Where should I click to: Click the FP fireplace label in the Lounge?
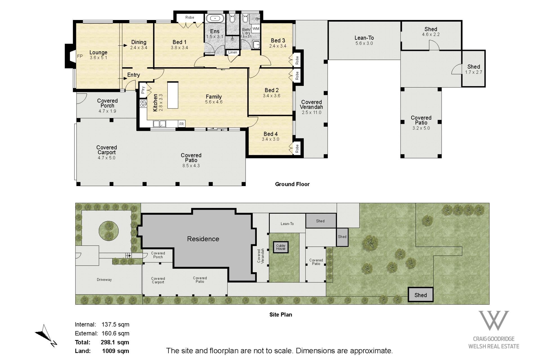click(80, 56)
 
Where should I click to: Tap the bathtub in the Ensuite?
click(215, 19)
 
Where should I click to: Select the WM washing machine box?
click(256, 29)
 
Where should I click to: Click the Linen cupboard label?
click(233, 52)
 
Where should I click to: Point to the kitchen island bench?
click(173, 95)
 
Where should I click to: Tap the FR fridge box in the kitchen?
click(182, 124)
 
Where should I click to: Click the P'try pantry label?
click(143, 90)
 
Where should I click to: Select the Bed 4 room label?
click(271, 134)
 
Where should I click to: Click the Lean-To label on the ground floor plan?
click(364, 38)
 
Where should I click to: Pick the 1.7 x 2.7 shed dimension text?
click(474, 72)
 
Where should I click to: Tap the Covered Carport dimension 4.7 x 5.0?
click(107, 158)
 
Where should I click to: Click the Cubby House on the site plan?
click(281, 247)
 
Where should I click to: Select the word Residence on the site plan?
click(203, 239)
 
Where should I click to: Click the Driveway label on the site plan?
click(104, 279)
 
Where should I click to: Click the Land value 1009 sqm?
click(116, 351)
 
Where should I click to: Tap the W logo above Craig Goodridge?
click(494, 321)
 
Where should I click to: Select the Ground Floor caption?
click(292, 184)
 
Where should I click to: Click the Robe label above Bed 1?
click(190, 17)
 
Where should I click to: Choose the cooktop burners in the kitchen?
click(143, 103)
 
